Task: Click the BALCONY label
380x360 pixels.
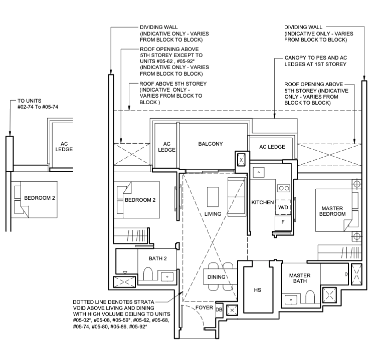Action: (x=210, y=144)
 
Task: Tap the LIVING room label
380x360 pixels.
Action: (x=213, y=214)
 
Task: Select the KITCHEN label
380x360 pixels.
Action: (x=262, y=203)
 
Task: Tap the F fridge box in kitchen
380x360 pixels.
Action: (x=283, y=221)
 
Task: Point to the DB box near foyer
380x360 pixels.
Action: (x=219, y=309)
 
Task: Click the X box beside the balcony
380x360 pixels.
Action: (x=241, y=159)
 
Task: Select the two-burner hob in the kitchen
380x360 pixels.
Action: (x=283, y=189)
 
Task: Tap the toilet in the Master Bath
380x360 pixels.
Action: (x=309, y=297)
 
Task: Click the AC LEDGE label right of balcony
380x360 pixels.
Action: (x=272, y=147)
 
